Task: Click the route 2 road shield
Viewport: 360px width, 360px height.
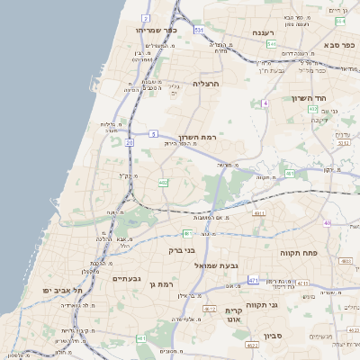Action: click(x=146, y=18)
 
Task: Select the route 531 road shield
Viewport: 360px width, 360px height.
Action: click(x=199, y=30)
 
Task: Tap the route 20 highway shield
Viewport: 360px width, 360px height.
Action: click(x=130, y=142)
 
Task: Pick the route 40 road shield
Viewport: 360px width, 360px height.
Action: click(x=328, y=223)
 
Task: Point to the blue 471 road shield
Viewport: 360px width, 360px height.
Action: click(x=253, y=281)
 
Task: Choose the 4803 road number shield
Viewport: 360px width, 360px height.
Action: click(x=346, y=261)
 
